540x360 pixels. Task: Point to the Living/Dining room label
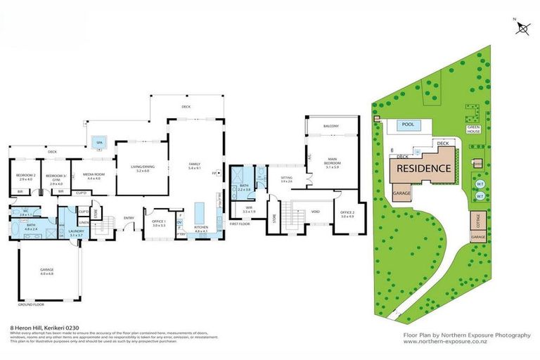143,168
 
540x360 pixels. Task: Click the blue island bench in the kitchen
199,212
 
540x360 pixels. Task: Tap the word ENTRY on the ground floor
129,217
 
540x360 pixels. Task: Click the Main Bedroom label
332,165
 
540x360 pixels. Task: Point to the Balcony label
331,127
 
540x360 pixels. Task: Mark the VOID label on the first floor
316,210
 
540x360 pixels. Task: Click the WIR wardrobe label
248,210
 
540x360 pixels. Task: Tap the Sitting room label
286,179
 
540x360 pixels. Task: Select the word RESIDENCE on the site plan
423,169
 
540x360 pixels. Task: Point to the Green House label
474,130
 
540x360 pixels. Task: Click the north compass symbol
523,27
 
